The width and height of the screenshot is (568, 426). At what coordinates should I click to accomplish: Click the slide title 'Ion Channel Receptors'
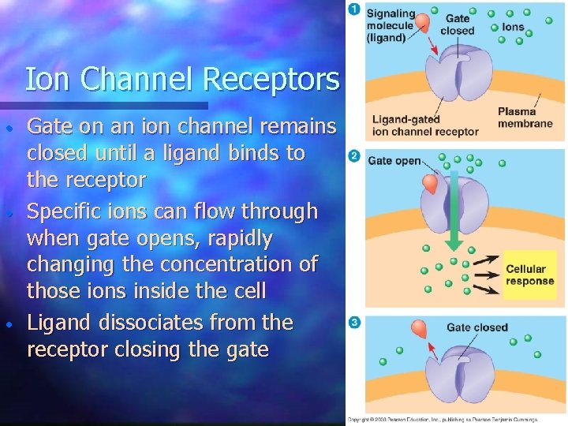(x=182, y=80)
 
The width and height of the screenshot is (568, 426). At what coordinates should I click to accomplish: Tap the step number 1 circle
(x=354, y=10)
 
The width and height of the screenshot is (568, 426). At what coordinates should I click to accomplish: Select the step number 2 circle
(x=354, y=156)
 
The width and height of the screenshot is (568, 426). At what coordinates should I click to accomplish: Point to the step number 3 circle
(x=354, y=323)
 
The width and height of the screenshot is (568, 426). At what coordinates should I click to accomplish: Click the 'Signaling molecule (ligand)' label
(x=390, y=25)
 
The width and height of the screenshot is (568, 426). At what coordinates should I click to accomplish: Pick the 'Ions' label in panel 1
(x=513, y=27)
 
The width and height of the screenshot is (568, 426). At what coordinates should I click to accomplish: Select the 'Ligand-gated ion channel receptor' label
(x=425, y=126)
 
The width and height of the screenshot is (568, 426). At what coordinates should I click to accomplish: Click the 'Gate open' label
(x=394, y=161)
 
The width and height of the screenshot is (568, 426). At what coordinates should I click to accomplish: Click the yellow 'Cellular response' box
(x=530, y=275)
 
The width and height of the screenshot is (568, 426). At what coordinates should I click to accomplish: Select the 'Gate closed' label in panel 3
(x=477, y=327)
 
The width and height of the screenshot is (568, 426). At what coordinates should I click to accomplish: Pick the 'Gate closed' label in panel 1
(x=458, y=24)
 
